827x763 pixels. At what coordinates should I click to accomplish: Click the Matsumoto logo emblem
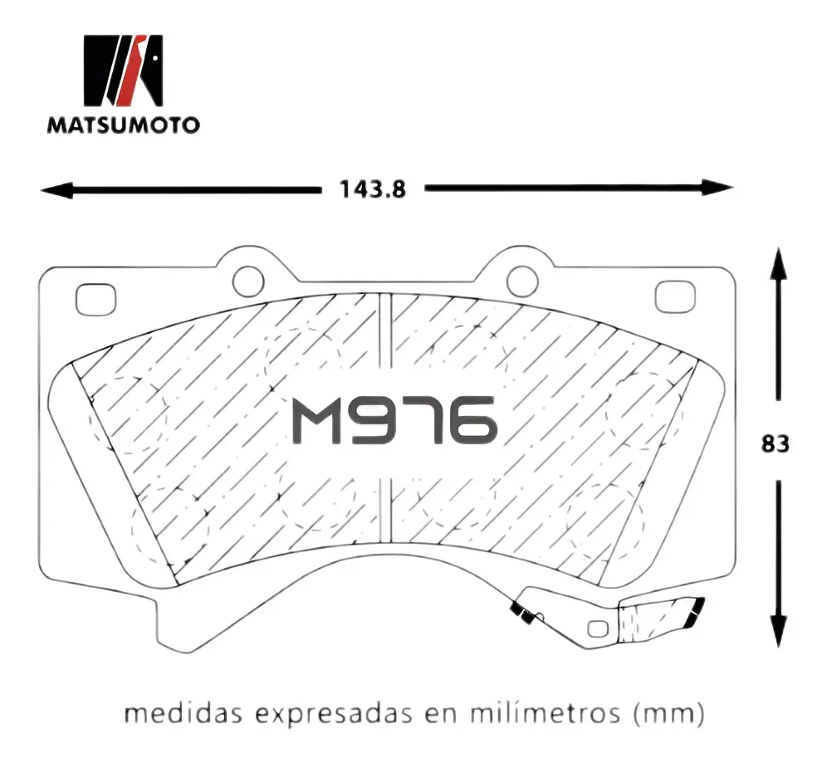point(124,71)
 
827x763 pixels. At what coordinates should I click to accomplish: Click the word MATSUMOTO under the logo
point(124,125)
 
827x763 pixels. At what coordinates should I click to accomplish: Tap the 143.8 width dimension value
point(373,189)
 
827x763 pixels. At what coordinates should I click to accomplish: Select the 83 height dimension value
point(776,444)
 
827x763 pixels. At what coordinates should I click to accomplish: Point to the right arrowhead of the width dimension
point(717,187)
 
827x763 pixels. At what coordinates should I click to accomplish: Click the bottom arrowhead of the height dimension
point(778,631)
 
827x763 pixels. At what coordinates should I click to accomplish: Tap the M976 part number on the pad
point(394,419)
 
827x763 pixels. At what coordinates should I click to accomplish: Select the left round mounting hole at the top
point(248,281)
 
